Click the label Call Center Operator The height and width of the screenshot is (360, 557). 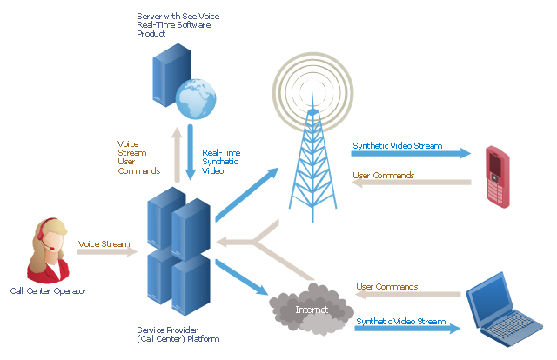[49, 290]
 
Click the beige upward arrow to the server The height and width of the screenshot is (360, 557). [177, 155]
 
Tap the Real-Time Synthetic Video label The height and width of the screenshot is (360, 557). [221, 162]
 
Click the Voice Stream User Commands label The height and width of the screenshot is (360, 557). [138, 157]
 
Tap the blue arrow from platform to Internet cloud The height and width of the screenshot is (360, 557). [241, 277]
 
